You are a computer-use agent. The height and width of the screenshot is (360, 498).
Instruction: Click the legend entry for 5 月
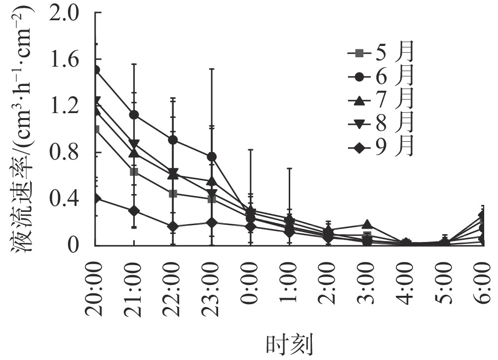point(380,53)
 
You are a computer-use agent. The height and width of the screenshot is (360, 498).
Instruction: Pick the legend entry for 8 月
point(380,124)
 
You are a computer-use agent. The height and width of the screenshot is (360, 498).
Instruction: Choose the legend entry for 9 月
point(380,147)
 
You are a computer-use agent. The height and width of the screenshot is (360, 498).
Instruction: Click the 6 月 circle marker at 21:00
point(134,115)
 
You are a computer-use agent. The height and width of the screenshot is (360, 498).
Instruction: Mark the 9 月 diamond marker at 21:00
point(134,211)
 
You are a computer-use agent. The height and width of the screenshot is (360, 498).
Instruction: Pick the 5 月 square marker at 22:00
point(173,194)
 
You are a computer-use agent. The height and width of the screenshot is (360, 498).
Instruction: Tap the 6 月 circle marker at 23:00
point(212,157)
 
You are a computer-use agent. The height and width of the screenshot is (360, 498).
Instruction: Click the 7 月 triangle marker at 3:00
point(367,225)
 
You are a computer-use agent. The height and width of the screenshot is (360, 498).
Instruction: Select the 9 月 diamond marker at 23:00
point(212,223)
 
